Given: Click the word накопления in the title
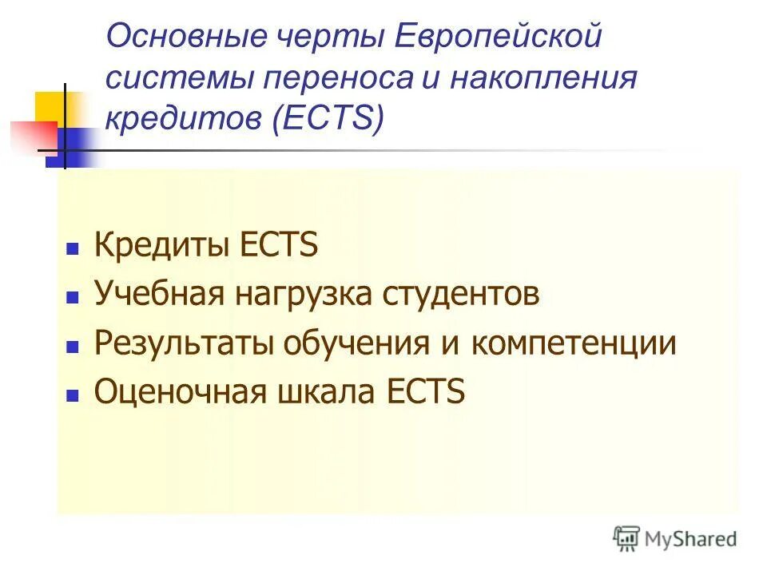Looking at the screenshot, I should click(x=544, y=79).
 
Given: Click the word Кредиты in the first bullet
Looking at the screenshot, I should click(x=160, y=245).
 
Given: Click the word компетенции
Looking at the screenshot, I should click(x=573, y=344).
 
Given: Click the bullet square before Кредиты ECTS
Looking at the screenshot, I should click(x=72, y=248).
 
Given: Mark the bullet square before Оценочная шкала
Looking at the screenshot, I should click(x=72, y=396).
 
